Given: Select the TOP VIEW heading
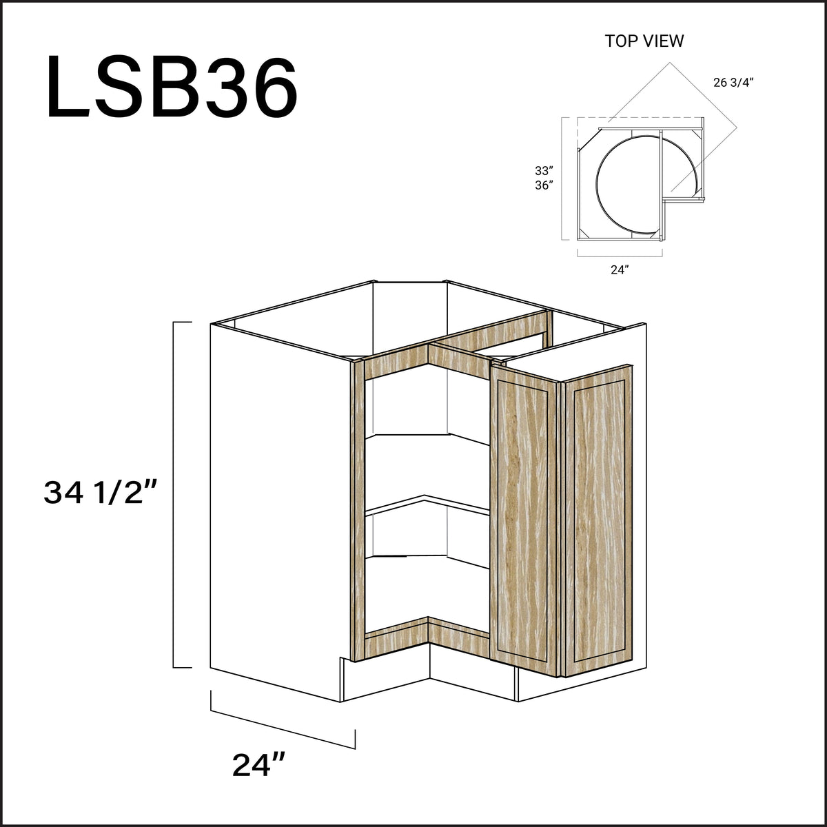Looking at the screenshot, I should point(644,41).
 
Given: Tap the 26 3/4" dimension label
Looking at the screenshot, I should point(733,83).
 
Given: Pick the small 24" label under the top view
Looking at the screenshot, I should point(618,269).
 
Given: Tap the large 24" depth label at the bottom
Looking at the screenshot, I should point(259,765).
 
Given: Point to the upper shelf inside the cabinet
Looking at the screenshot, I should point(427,441).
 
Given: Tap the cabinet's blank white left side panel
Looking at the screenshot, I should point(276,510).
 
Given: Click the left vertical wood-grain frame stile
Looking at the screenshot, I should point(357,510).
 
